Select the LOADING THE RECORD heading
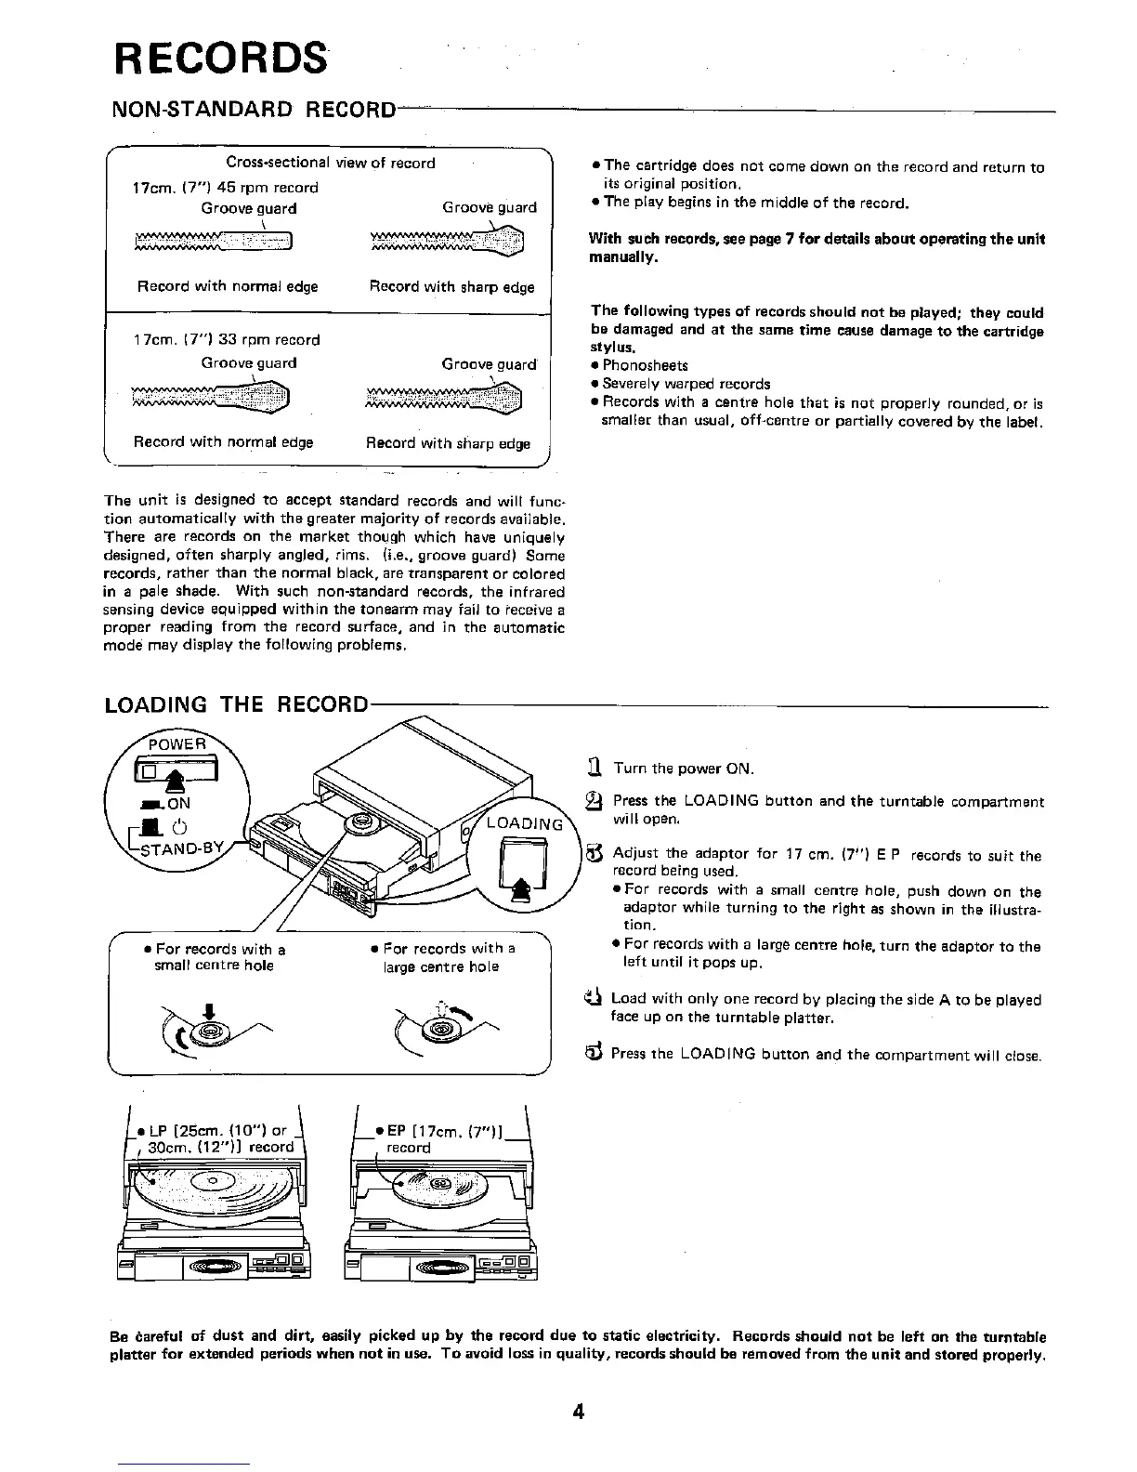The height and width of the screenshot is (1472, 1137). click(237, 703)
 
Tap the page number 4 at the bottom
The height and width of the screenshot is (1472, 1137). click(578, 1413)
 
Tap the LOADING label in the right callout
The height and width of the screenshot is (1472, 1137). click(525, 823)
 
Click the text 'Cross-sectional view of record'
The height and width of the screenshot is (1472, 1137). click(331, 163)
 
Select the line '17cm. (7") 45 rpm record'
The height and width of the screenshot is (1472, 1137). click(225, 187)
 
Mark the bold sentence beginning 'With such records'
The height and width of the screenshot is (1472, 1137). click(817, 247)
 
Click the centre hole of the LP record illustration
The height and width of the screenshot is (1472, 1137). click(213, 1181)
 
